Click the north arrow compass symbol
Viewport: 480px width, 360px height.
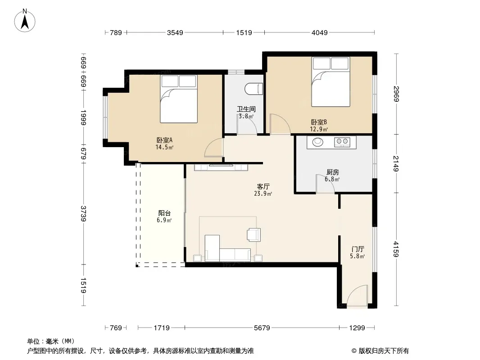pos(25,21)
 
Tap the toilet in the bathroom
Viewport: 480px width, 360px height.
pos(254,89)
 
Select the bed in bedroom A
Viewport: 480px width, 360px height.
pos(179,99)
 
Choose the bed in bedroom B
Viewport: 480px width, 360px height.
pos(331,81)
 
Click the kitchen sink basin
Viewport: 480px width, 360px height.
pos(318,142)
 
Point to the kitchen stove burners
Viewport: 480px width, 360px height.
pos(342,142)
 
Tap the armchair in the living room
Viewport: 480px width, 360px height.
pos(254,234)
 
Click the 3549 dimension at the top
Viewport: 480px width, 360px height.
pos(175,32)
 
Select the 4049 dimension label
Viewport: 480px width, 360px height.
pos(320,32)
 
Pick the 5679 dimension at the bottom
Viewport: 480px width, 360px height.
pos(262,328)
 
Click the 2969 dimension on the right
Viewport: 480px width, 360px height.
pos(396,94)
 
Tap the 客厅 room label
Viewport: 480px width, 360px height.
pos(263,187)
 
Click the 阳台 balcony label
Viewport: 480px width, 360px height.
pos(164,213)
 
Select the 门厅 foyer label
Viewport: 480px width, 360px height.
pos(358,249)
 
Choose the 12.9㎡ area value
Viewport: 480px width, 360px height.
pos(319,129)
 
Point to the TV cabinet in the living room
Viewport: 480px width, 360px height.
pos(221,167)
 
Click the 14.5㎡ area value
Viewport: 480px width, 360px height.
pos(164,147)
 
